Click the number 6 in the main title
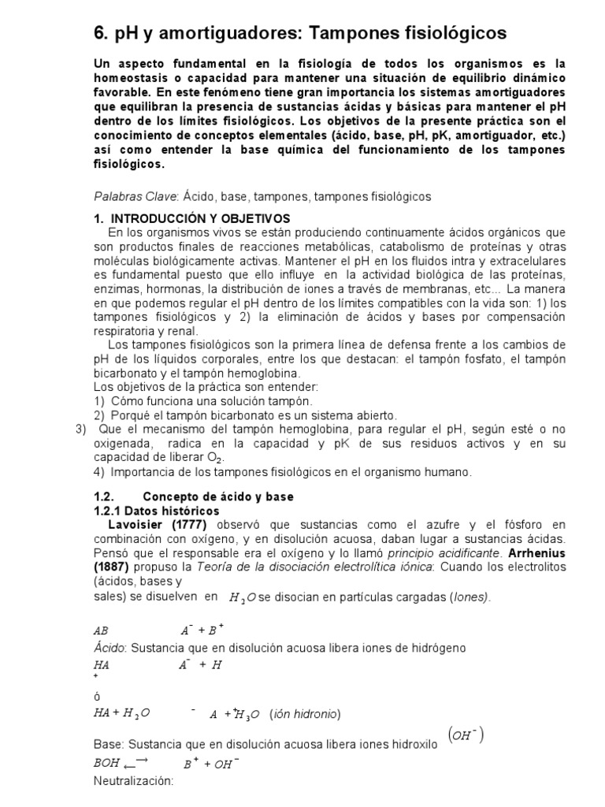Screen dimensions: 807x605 (100, 33)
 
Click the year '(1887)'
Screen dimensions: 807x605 (113, 567)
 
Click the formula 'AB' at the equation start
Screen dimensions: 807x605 (101, 631)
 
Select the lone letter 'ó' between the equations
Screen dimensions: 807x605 (97, 697)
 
